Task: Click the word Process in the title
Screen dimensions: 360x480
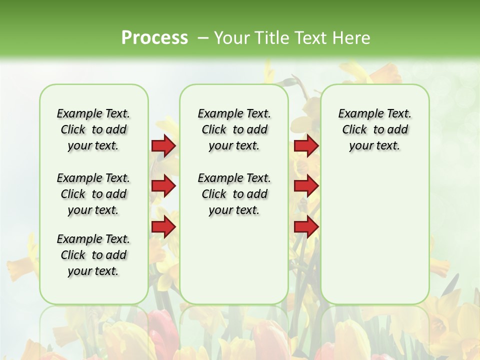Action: point(154,38)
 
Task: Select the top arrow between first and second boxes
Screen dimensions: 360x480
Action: point(163,145)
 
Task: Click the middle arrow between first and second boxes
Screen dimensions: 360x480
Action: point(163,186)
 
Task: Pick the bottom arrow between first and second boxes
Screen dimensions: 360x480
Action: point(163,227)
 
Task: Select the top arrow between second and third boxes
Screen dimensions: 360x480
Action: point(306,145)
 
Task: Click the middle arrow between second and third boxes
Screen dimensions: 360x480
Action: point(306,186)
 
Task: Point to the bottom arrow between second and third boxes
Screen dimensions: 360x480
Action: point(306,227)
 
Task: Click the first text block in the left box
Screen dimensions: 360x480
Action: point(93,129)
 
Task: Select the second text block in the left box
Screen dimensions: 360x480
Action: point(93,194)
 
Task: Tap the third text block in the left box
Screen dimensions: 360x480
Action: point(93,255)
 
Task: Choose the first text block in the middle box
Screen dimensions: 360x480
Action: point(234,129)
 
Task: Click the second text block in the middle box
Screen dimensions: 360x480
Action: point(234,194)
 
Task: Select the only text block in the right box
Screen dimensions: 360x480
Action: point(374,129)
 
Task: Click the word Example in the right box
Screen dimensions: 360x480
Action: point(358,114)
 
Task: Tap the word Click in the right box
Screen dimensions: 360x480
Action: point(354,130)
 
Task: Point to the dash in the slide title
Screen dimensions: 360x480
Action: point(203,38)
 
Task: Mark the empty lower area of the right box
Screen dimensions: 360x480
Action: point(374,235)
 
